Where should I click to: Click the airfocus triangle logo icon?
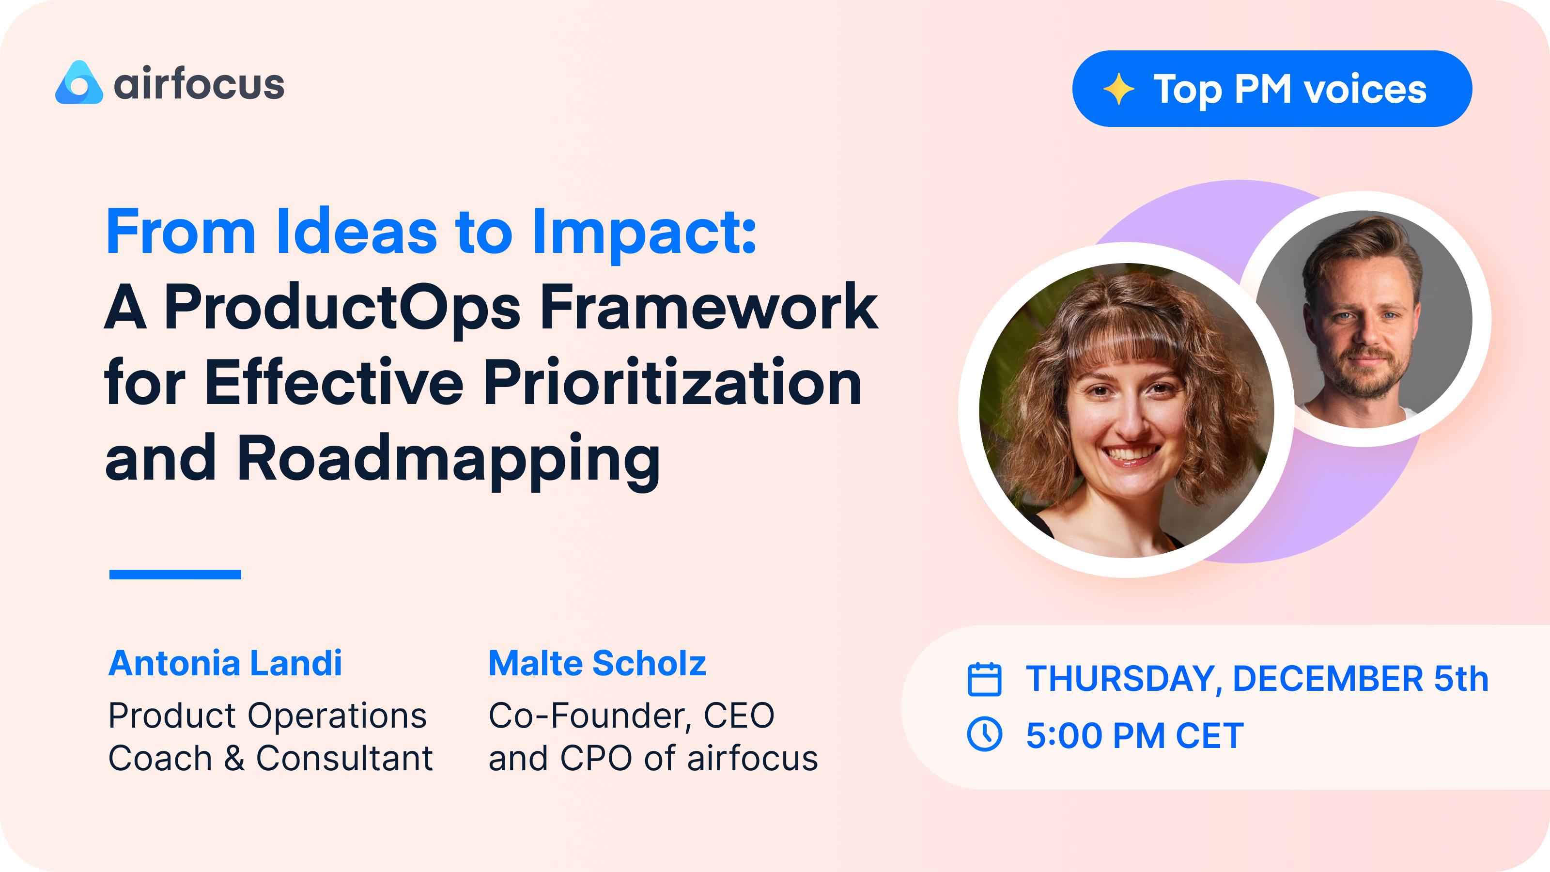(x=79, y=84)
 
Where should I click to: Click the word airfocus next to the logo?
(x=199, y=85)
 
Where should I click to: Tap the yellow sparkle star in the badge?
(x=1118, y=89)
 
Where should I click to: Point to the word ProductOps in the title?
(x=342, y=308)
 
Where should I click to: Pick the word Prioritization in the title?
(x=672, y=383)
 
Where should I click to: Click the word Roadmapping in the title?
(x=448, y=459)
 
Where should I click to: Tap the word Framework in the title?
(x=709, y=308)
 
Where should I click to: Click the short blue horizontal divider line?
(x=175, y=574)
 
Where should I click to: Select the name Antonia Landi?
(x=225, y=663)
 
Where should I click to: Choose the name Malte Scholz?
(x=597, y=663)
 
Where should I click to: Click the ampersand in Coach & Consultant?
(x=234, y=758)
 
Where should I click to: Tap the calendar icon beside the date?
(x=984, y=679)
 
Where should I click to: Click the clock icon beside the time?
(x=984, y=734)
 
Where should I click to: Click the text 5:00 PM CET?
(x=1134, y=735)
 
